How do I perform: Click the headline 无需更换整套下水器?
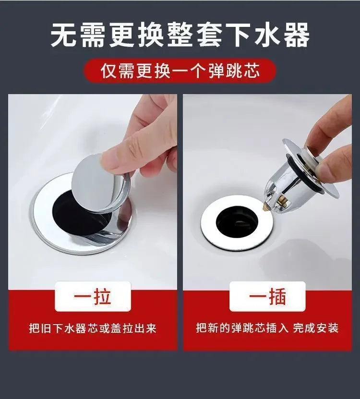pos(180,35)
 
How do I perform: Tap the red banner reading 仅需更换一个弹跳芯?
pos(180,71)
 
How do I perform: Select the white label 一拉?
pos(93,296)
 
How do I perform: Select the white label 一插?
pos(267,296)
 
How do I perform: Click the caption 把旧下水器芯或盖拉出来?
pos(93,328)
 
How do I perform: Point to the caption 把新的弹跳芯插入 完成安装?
pos(267,328)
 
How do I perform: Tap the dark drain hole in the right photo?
pos(237,222)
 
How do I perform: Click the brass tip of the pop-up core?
pos(266,206)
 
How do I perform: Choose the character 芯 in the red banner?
pos(251,71)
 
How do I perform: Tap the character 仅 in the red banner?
pos(109,71)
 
